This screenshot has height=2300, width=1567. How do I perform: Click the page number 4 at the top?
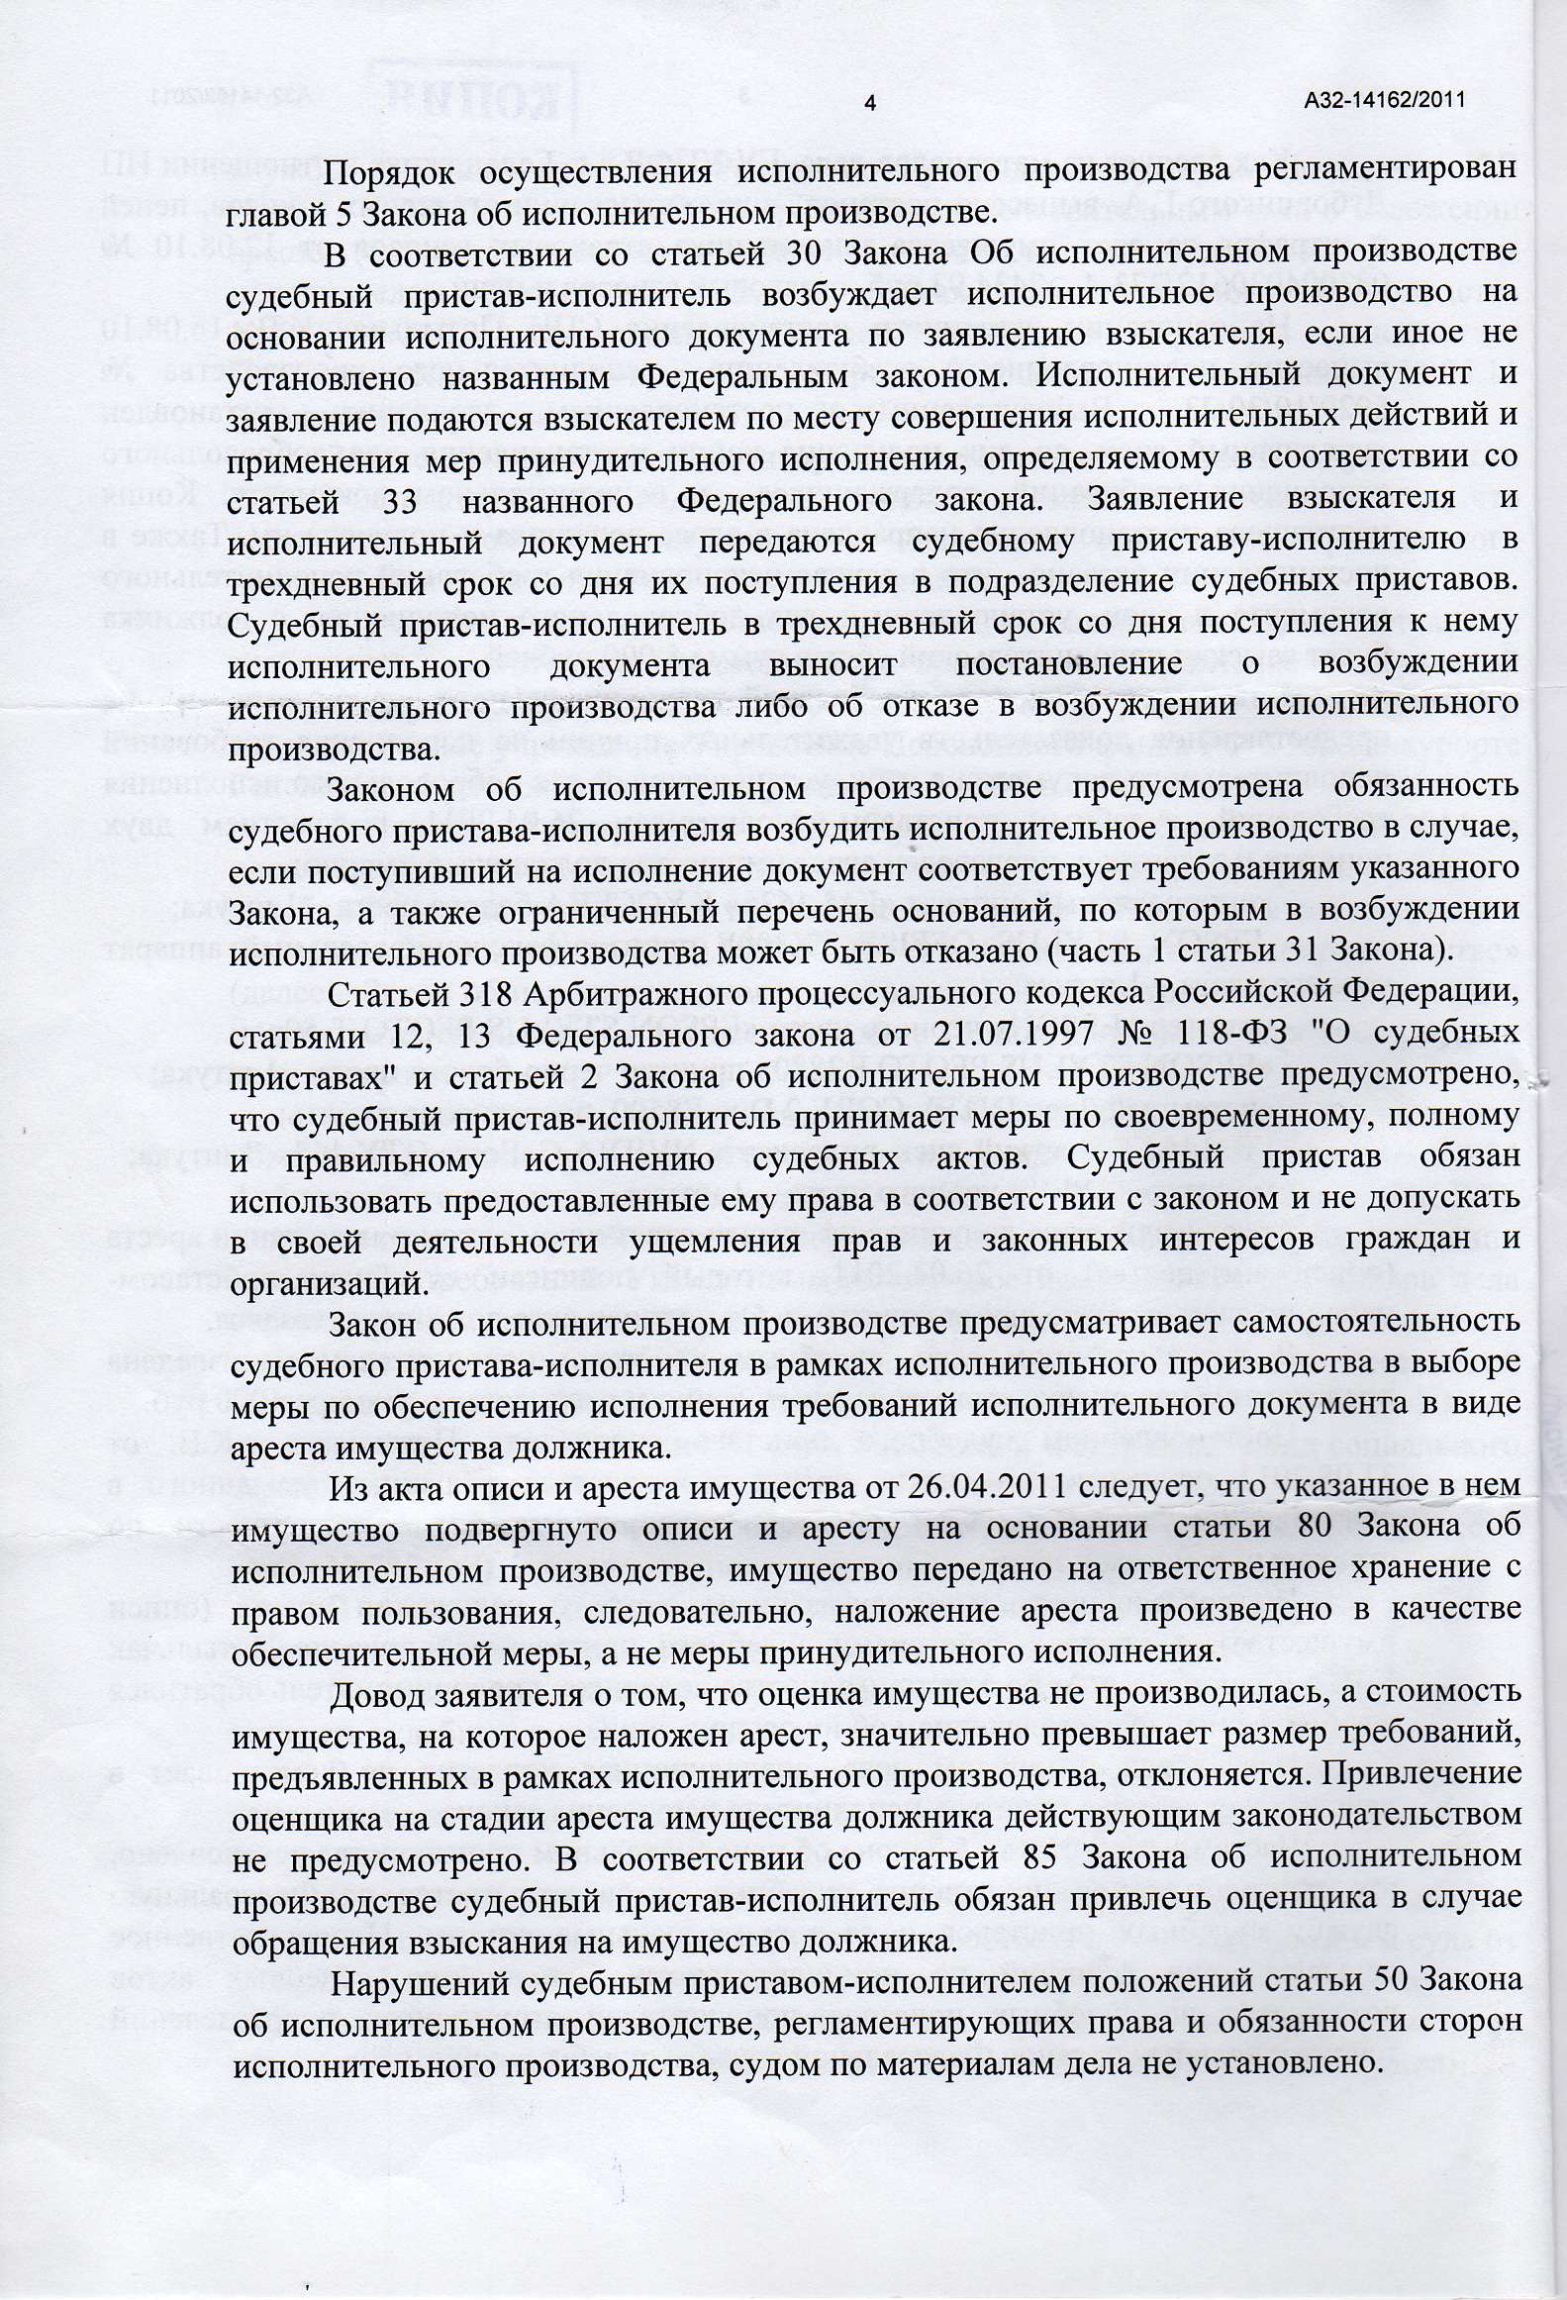pyautogui.click(x=870, y=103)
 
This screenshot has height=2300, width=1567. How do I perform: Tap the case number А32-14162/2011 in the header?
pyautogui.click(x=1384, y=100)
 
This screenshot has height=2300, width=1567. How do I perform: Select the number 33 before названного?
pyautogui.click(x=400, y=500)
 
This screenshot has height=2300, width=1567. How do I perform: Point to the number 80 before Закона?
pyautogui.click(x=1317, y=1528)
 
